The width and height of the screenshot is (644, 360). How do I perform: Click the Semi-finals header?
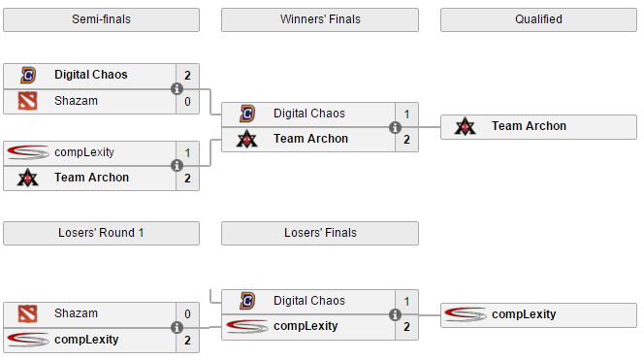pyautogui.click(x=101, y=19)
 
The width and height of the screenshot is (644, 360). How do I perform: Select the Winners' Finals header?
pyautogui.click(x=319, y=19)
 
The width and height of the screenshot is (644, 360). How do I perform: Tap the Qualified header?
pyautogui.click(x=538, y=19)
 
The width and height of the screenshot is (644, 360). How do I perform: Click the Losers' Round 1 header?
pyautogui.click(x=101, y=233)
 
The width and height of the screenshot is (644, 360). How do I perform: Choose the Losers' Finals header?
pyautogui.click(x=319, y=233)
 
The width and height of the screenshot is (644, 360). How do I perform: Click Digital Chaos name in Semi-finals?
pyautogui.click(x=90, y=75)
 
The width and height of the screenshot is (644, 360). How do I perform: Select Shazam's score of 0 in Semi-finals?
pyautogui.click(x=187, y=100)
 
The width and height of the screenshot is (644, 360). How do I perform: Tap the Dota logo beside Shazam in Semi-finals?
pyautogui.click(x=28, y=100)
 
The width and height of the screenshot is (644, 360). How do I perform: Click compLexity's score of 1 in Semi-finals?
pyautogui.click(x=187, y=152)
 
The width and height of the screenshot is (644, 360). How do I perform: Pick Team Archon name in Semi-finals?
pyautogui.click(x=91, y=178)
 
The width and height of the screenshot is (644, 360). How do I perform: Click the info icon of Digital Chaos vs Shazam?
pyautogui.click(x=177, y=88)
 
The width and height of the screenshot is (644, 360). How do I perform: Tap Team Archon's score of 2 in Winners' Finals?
pyautogui.click(x=406, y=139)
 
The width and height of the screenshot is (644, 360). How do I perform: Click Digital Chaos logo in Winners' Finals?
pyautogui.click(x=247, y=114)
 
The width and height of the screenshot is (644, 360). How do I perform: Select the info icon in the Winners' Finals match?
pyautogui.click(x=396, y=127)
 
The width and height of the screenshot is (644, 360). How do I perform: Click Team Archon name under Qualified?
pyautogui.click(x=529, y=126)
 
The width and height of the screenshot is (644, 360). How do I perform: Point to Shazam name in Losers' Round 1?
pyautogui.click(x=76, y=313)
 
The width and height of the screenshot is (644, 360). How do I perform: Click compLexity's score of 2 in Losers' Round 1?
pyautogui.click(x=187, y=340)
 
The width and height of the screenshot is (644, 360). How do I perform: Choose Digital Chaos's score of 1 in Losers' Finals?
pyautogui.click(x=406, y=301)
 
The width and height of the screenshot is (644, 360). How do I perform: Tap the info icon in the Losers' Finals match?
pyautogui.click(x=396, y=314)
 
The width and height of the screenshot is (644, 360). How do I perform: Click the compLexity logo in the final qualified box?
pyautogui.click(x=466, y=313)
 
